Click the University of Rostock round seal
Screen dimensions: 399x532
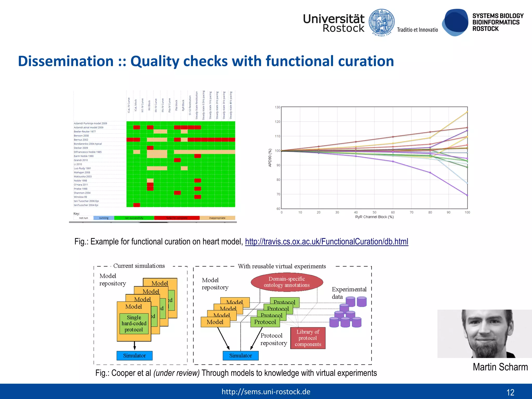(382, 22)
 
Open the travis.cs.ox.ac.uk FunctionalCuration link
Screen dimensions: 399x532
(327, 242)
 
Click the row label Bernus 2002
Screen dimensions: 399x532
(81, 140)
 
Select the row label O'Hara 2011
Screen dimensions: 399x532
(81, 185)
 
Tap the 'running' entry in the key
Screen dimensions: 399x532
(104, 218)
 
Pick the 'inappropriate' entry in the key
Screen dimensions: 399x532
(217, 218)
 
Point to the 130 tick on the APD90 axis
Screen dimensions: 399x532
(277, 107)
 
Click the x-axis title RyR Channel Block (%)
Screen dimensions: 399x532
(374, 217)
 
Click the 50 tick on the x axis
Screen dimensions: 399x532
(374, 212)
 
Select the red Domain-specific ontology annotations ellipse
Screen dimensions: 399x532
(287, 282)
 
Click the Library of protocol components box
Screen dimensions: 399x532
(308, 338)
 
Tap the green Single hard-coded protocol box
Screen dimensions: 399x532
(134, 324)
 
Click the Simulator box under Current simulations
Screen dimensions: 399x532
(134, 356)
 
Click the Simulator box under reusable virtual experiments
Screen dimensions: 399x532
(241, 356)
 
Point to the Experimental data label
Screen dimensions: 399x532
(349, 293)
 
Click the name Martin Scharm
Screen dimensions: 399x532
(500, 367)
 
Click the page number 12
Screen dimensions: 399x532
(510, 392)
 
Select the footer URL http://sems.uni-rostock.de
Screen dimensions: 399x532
(266, 392)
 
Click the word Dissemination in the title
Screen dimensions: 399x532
(66, 61)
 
